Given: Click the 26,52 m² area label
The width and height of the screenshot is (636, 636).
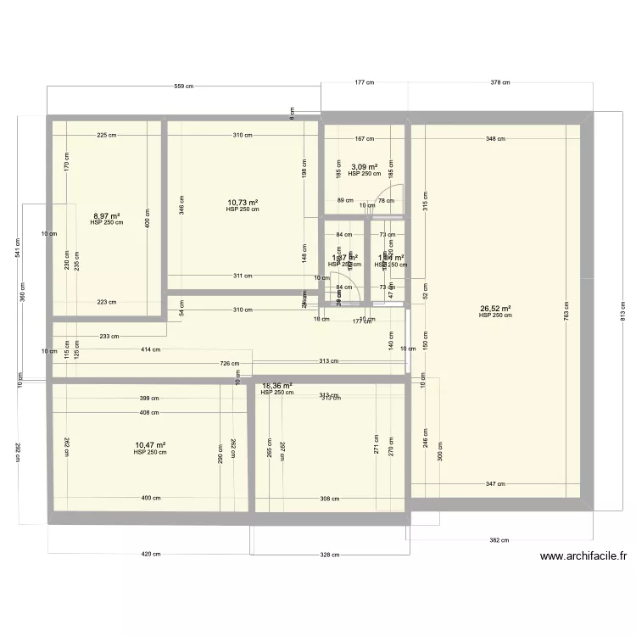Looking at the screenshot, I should (x=495, y=309).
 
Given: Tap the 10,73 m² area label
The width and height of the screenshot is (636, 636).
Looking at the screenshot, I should (x=243, y=203).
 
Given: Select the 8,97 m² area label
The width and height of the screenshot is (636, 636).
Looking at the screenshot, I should (x=106, y=216).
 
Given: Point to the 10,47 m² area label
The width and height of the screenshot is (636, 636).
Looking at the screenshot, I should (x=150, y=444).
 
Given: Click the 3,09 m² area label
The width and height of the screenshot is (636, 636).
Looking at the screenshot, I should (x=364, y=167).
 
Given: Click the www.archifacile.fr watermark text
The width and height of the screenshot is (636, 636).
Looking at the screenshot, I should (x=583, y=557).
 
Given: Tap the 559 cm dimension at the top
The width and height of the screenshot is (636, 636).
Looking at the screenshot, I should (x=184, y=86).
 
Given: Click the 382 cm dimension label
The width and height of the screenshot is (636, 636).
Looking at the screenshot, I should (x=499, y=539).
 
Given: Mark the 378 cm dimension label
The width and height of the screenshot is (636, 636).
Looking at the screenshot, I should (x=500, y=82).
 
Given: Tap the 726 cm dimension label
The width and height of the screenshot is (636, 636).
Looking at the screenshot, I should (x=229, y=365).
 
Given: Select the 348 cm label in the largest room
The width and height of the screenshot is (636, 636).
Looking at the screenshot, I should (x=496, y=138).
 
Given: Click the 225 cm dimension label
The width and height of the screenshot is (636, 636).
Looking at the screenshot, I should (x=107, y=135).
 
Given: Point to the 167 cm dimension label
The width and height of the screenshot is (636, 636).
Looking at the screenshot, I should (x=365, y=138).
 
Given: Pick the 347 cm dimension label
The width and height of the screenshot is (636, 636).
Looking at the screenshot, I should (x=495, y=484).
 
